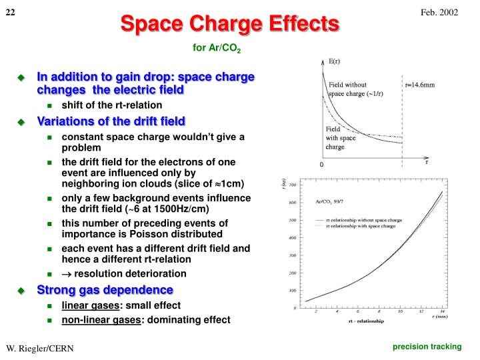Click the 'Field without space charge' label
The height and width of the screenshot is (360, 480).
(x=355, y=89)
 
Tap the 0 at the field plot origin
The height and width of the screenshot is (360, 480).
(x=321, y=164)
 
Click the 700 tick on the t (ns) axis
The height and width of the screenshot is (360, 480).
(x=291, y=185)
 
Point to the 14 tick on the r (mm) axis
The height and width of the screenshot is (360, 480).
(x=442, y=311)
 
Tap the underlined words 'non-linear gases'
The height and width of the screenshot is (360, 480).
(x=101, y=319)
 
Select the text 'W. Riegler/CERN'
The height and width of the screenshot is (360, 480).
(x=40, y=349)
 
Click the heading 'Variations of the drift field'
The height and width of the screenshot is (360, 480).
(x=111, y=121)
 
